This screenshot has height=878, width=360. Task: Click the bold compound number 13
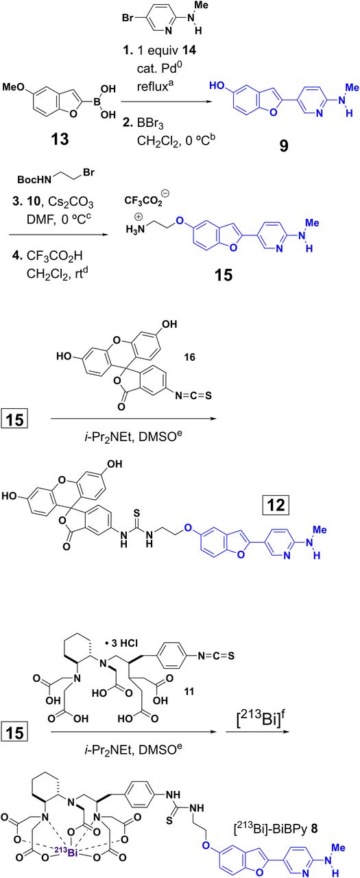point(60,139)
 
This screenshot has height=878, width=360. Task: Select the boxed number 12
point(276,505)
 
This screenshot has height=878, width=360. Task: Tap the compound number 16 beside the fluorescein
point(189,357)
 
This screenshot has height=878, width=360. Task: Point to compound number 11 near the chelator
point(189,691)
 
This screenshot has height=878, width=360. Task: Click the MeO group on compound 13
point(13,86)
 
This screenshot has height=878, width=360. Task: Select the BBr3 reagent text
point(150,125)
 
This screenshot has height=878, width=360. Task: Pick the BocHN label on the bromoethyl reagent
point(34,180)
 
